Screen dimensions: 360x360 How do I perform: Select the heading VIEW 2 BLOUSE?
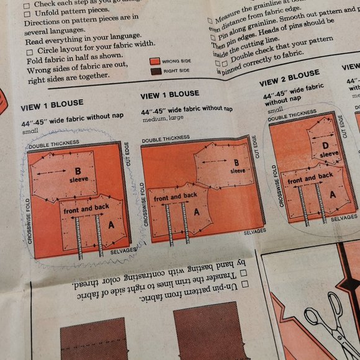pyautogui.click(x=289, y=79)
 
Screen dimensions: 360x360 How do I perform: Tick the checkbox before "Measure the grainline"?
pyautogui.click(x=210, y=20)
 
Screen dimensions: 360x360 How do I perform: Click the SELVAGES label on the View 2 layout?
pyautogui.click(x=344, y=217)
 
